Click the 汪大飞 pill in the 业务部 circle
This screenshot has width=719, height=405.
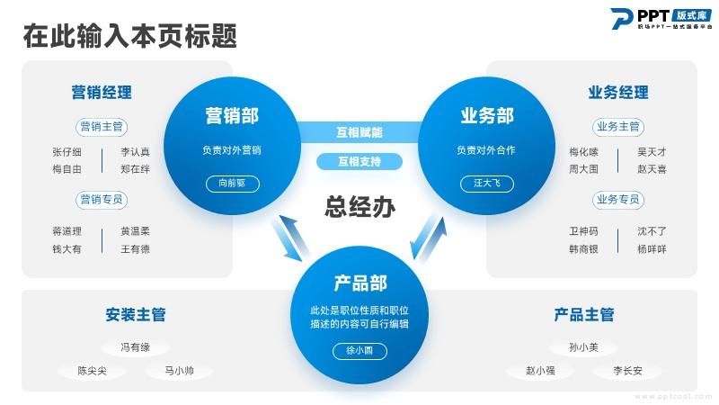(x=486, y=183)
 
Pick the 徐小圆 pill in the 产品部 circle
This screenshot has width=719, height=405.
(x=359, y=350)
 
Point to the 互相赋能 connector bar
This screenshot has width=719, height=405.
(x=359, y=132)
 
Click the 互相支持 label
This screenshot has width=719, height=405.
(x=359, y=162)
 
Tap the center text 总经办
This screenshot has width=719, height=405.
(x=359, y=207)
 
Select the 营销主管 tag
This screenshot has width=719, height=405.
(x=102, y=126)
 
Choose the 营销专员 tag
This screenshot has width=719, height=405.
(x=102, y=199)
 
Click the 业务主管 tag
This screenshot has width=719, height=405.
(x=617, y=126)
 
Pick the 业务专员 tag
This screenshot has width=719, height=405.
(x=617, y=199)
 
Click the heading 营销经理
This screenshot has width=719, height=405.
(x=102, y=92)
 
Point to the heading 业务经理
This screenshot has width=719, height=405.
(x=617, y=92)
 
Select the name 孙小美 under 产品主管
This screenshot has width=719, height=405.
(x=583, y=346)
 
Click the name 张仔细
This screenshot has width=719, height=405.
(x=67, y=152)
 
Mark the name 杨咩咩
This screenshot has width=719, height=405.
(x=652, y=249)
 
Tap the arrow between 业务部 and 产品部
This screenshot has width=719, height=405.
(x=429, y=238)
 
